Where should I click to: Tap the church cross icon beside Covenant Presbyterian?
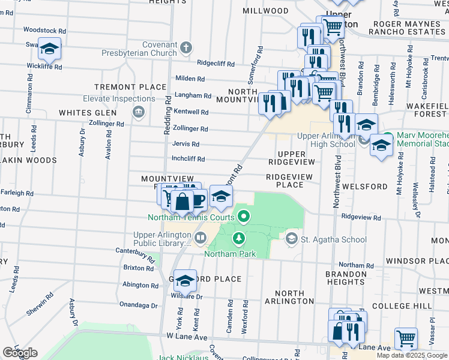click(x=186, y=47)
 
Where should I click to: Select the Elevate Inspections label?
click(x=119, y=98)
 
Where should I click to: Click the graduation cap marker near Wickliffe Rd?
click(x=49, y=49)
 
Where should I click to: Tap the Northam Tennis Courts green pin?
click(x=243, y=216)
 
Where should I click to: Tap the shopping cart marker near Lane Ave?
click(x=406, y=338)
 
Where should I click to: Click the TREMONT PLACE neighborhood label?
click(x=130, y=87)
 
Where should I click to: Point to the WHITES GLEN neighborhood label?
click(x=88, y=113)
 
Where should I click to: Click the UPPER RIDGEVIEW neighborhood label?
click(x=292, y=158)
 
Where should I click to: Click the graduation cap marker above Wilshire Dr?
click(x=185, y=280)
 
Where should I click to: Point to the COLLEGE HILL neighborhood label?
click(x=411, y=306)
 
